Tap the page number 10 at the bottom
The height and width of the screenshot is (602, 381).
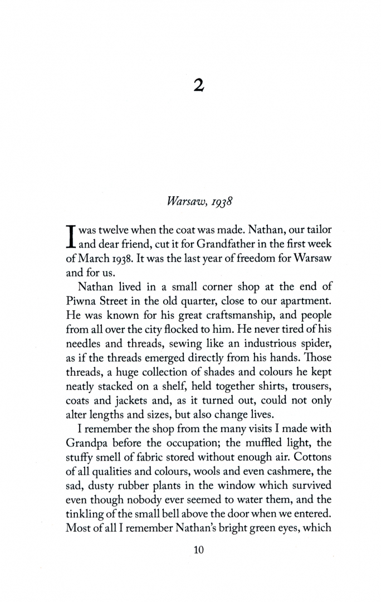click(199, 550)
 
